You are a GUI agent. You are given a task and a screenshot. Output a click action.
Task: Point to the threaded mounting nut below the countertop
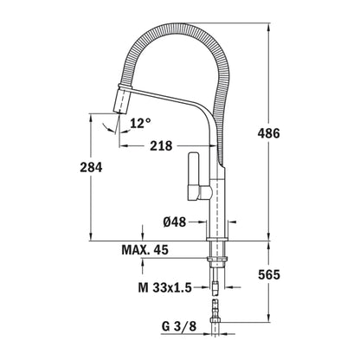coord(216,257)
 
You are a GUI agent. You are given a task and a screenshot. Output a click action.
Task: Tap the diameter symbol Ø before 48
coord(167,222)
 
